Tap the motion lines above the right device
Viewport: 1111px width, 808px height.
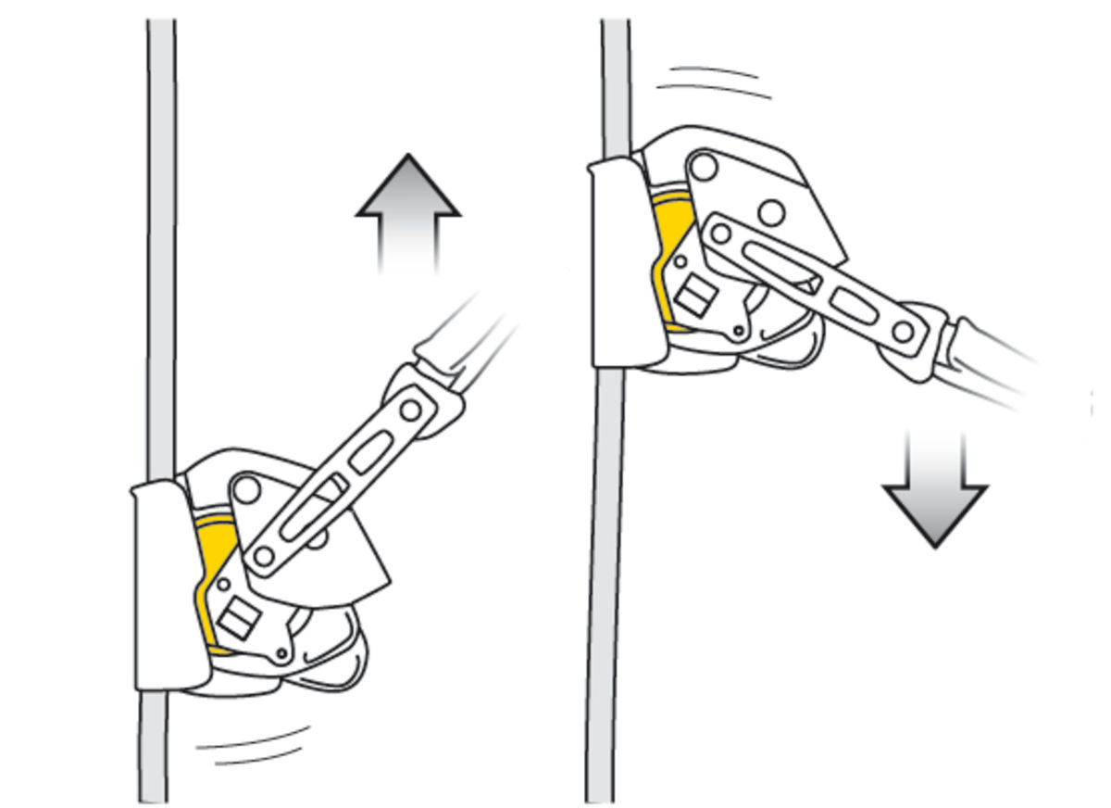coord(713,82)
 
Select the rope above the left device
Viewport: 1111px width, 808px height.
coord(161,232)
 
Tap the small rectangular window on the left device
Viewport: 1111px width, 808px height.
coord(235,618)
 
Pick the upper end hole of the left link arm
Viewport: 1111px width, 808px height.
coord(408,408)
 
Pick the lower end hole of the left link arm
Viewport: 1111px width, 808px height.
coord(264,556)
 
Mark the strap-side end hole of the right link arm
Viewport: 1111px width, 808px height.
coord(903,331)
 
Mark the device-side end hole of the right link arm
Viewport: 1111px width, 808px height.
coord(721,234)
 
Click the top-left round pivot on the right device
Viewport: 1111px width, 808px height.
coord(704,168)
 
